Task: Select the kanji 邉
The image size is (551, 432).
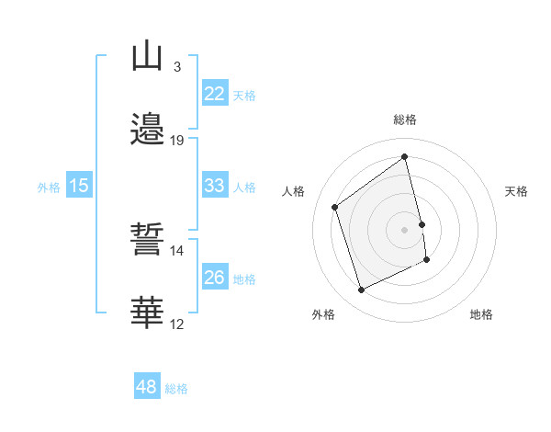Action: [147, 129]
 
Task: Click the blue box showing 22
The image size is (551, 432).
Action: [214, 94]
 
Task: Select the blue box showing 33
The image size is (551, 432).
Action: [214, 186]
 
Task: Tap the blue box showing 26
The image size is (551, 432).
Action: [214, 278]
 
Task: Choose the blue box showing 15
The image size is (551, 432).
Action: [79, 186]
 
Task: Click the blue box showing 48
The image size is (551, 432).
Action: [147, 387]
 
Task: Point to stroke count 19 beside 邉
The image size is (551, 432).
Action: [177, 141]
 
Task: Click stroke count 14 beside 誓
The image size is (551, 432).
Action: [177, 250]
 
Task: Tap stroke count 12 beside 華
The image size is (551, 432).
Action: [177, 324]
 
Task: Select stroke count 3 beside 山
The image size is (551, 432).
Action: [177, 67]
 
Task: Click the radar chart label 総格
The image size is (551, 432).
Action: [405, 119]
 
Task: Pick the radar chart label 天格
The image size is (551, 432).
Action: [516, 191]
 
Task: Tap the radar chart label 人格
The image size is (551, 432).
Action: [294, 191]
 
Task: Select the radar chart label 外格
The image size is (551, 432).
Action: [323, 314]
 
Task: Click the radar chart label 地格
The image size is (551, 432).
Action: [481, 314]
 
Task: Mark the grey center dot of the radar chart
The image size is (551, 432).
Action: [405, 229]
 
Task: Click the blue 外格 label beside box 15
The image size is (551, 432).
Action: [49, 187]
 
